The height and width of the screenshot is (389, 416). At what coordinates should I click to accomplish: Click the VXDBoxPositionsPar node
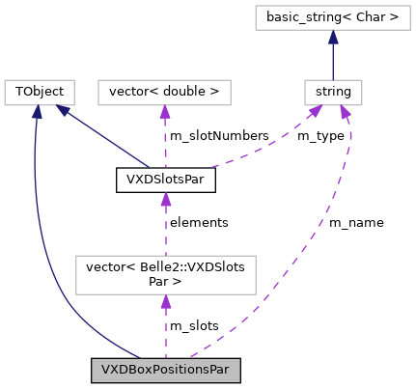click(165, 370)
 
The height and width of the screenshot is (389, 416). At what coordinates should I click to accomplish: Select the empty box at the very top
click(332, 18)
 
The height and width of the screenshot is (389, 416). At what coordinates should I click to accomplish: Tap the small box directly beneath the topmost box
click(333, 93)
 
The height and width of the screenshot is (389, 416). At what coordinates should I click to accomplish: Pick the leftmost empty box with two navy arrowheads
click(40, 93)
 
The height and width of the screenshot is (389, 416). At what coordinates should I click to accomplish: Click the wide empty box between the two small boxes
click(164, 93)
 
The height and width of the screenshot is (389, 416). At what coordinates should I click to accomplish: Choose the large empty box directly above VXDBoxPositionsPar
click(165, 275)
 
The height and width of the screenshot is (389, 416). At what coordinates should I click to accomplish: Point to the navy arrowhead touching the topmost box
click(333, 37)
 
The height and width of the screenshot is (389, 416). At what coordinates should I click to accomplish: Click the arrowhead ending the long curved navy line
click(37, 112)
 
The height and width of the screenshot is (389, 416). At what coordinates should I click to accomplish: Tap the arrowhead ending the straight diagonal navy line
click(63, 110)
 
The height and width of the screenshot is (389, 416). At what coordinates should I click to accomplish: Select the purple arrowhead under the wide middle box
click(165, 112)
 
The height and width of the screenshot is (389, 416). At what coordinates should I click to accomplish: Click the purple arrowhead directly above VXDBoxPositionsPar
click(166, 302)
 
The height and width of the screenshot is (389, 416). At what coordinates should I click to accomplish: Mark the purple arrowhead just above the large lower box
click(166, 199)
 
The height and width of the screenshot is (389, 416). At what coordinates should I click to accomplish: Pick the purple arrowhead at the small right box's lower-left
click(316, 111)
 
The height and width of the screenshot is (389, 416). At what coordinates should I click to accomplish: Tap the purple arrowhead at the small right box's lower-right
click(345, 112)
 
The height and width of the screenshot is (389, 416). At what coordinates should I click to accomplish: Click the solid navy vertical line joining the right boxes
click(333, 61)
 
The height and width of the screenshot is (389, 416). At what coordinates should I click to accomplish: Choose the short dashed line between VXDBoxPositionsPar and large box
click(166, 333)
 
